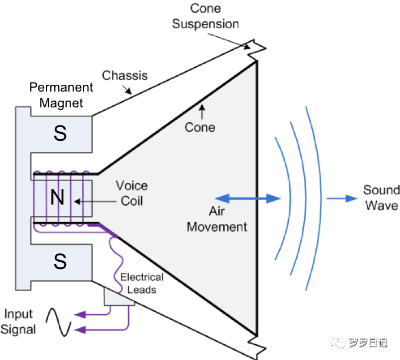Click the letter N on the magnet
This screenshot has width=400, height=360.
[x=57, y=198]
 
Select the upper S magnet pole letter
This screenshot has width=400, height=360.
[x=60, y=134]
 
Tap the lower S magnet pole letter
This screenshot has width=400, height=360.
[x=60, y=262]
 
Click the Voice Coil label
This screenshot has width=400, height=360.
[x=131, y=193]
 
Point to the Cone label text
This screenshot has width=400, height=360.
[x=200, y=127]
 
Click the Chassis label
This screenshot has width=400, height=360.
[x=125, y=75]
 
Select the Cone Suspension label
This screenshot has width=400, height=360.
[x=206, y=16]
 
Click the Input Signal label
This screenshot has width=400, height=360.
[x=20, y=321]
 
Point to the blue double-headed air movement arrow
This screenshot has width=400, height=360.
[x=248, y=198]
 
